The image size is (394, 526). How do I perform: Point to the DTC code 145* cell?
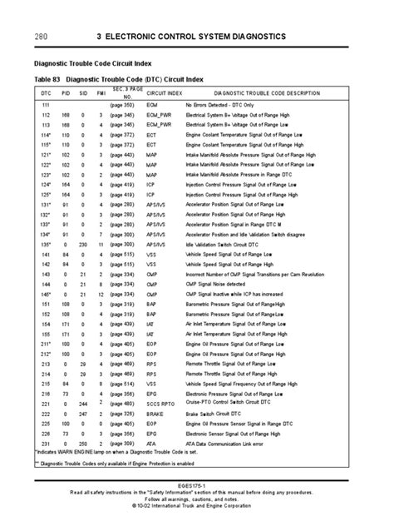click(x=46, y=295)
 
